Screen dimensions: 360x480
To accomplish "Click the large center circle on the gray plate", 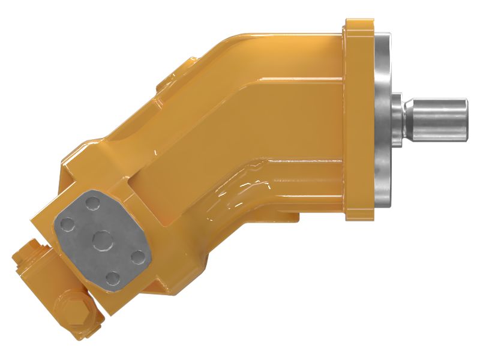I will (100, 240).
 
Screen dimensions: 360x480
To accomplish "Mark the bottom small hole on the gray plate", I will (112, 277).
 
